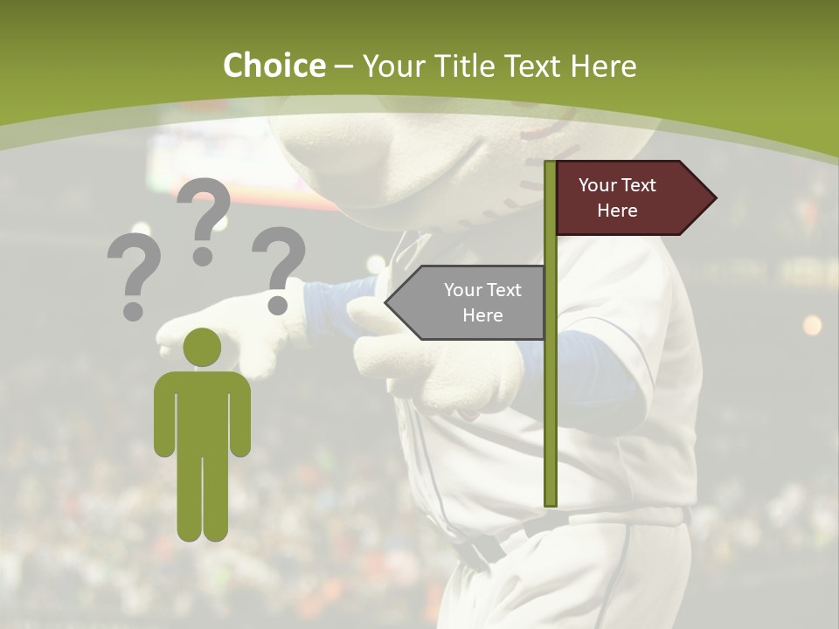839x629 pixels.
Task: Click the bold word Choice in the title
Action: coord(274,66)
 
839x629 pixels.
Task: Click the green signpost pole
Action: coord(550,393)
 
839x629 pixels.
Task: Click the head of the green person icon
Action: coord(202,347)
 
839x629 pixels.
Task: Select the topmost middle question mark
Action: coord(204,221)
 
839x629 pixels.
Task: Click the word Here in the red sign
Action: coord(617,211)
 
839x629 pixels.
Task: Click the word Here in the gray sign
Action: coord(482,315)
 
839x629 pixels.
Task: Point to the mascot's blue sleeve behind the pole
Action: coord(594,363)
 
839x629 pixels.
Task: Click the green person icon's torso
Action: coord(202,411)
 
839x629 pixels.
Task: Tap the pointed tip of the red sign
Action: coord(714,197)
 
